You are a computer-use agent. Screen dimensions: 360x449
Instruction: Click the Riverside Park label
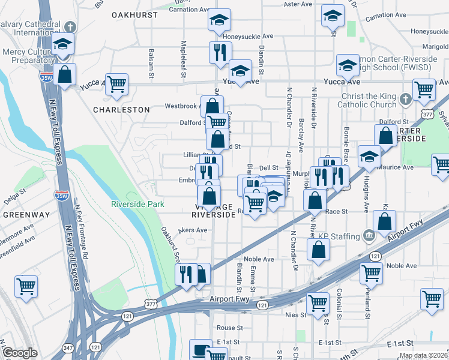(x=137, y=204)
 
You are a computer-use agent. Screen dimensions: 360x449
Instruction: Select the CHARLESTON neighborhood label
(x=121, y=110)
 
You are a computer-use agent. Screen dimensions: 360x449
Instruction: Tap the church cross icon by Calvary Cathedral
(x=70, y=27)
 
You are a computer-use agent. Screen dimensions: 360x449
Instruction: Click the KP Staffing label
(x=337, y=236)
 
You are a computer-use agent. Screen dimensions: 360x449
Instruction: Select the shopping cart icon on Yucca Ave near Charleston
(x=116, y=84)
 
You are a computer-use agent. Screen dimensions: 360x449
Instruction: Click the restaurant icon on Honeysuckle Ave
(x=220, y=52)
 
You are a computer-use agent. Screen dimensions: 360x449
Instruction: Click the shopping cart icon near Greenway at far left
(x=26, y=286)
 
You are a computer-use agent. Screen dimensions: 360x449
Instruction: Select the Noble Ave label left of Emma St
(x=259, y=259)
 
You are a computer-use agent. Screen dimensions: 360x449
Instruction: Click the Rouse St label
(x=229, y=328)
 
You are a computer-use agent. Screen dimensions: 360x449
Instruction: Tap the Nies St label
(x=296, y=314)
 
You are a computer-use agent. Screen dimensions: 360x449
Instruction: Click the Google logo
(x=20, y=353)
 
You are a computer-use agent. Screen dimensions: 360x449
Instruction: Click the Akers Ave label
(x=193, y=230)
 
